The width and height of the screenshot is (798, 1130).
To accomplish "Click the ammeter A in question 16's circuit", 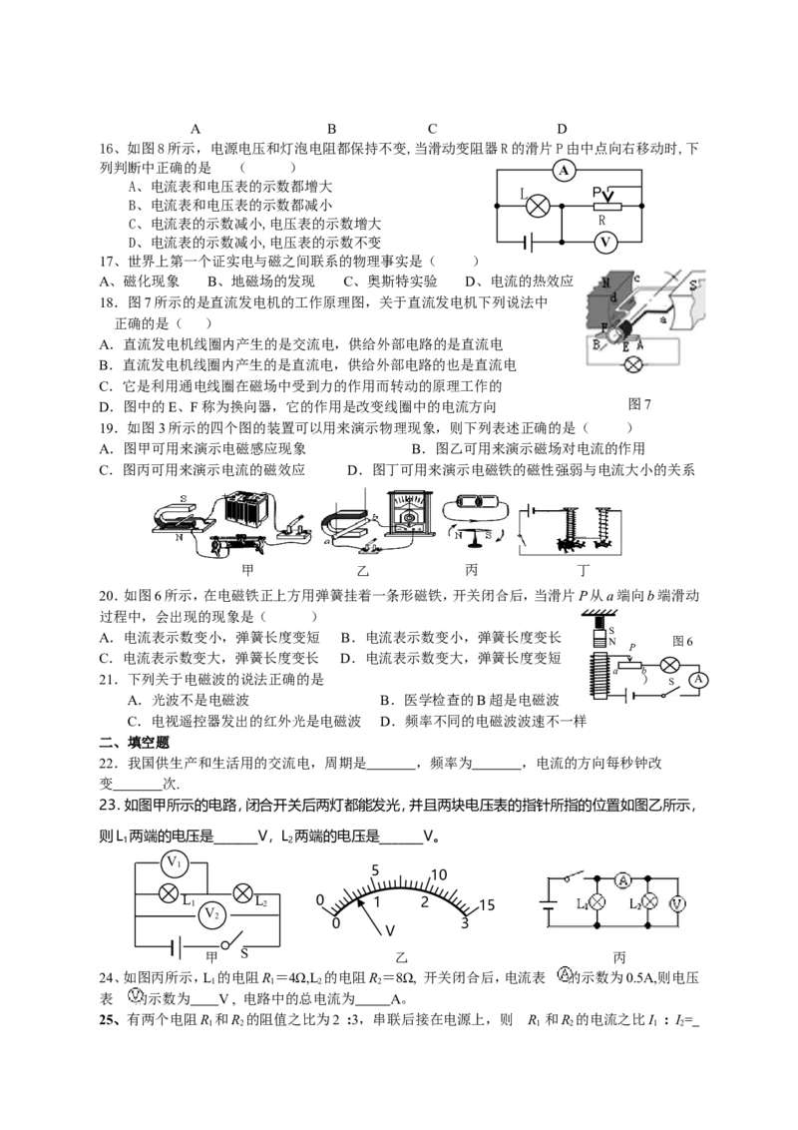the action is pyautogui.click(x=564, y=170).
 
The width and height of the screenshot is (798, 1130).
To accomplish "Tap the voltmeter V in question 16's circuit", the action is pyautogui.click(x=604, y=243).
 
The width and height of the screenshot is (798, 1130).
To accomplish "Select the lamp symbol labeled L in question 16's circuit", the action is pyautogui.click(x=538, y=207).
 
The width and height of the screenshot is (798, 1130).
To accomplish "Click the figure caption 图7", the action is pyautogui.click(x=638, y=404).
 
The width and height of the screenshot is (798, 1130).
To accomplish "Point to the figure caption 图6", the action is pyautogui.click(x=682, y=642).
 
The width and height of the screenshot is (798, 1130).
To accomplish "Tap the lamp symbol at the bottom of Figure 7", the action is pyautogui.click(x=632, y=364).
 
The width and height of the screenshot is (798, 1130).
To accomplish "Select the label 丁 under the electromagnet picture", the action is pyautogui.click(x=584, y=571).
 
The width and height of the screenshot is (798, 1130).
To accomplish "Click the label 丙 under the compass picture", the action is pyautogui.click(x=471, y=570).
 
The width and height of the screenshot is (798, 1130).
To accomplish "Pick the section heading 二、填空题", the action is pyautogui.click(x=134, y=743).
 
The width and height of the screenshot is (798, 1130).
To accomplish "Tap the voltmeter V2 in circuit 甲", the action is pyautogui.click(x=211, y=913).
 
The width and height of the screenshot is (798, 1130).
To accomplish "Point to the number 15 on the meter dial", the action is pyautogui.click(x=487, y=905).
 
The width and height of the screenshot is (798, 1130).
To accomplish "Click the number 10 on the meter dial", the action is pyautogui.click(x=439, y=874).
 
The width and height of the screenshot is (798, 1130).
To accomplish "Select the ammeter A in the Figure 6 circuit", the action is pyautogui.click(x=697, y=679).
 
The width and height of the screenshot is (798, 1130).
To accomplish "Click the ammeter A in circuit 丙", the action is pyautogui.click(x=623, y=879).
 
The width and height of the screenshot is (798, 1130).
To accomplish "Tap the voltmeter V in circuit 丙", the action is pyautogui.click(x=676, y=903).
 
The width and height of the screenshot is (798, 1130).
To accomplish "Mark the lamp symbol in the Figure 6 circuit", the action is pyautogui.click(x=670, y=665).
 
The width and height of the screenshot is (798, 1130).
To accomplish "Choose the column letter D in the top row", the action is pyautogui.click(x=562, y=129).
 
